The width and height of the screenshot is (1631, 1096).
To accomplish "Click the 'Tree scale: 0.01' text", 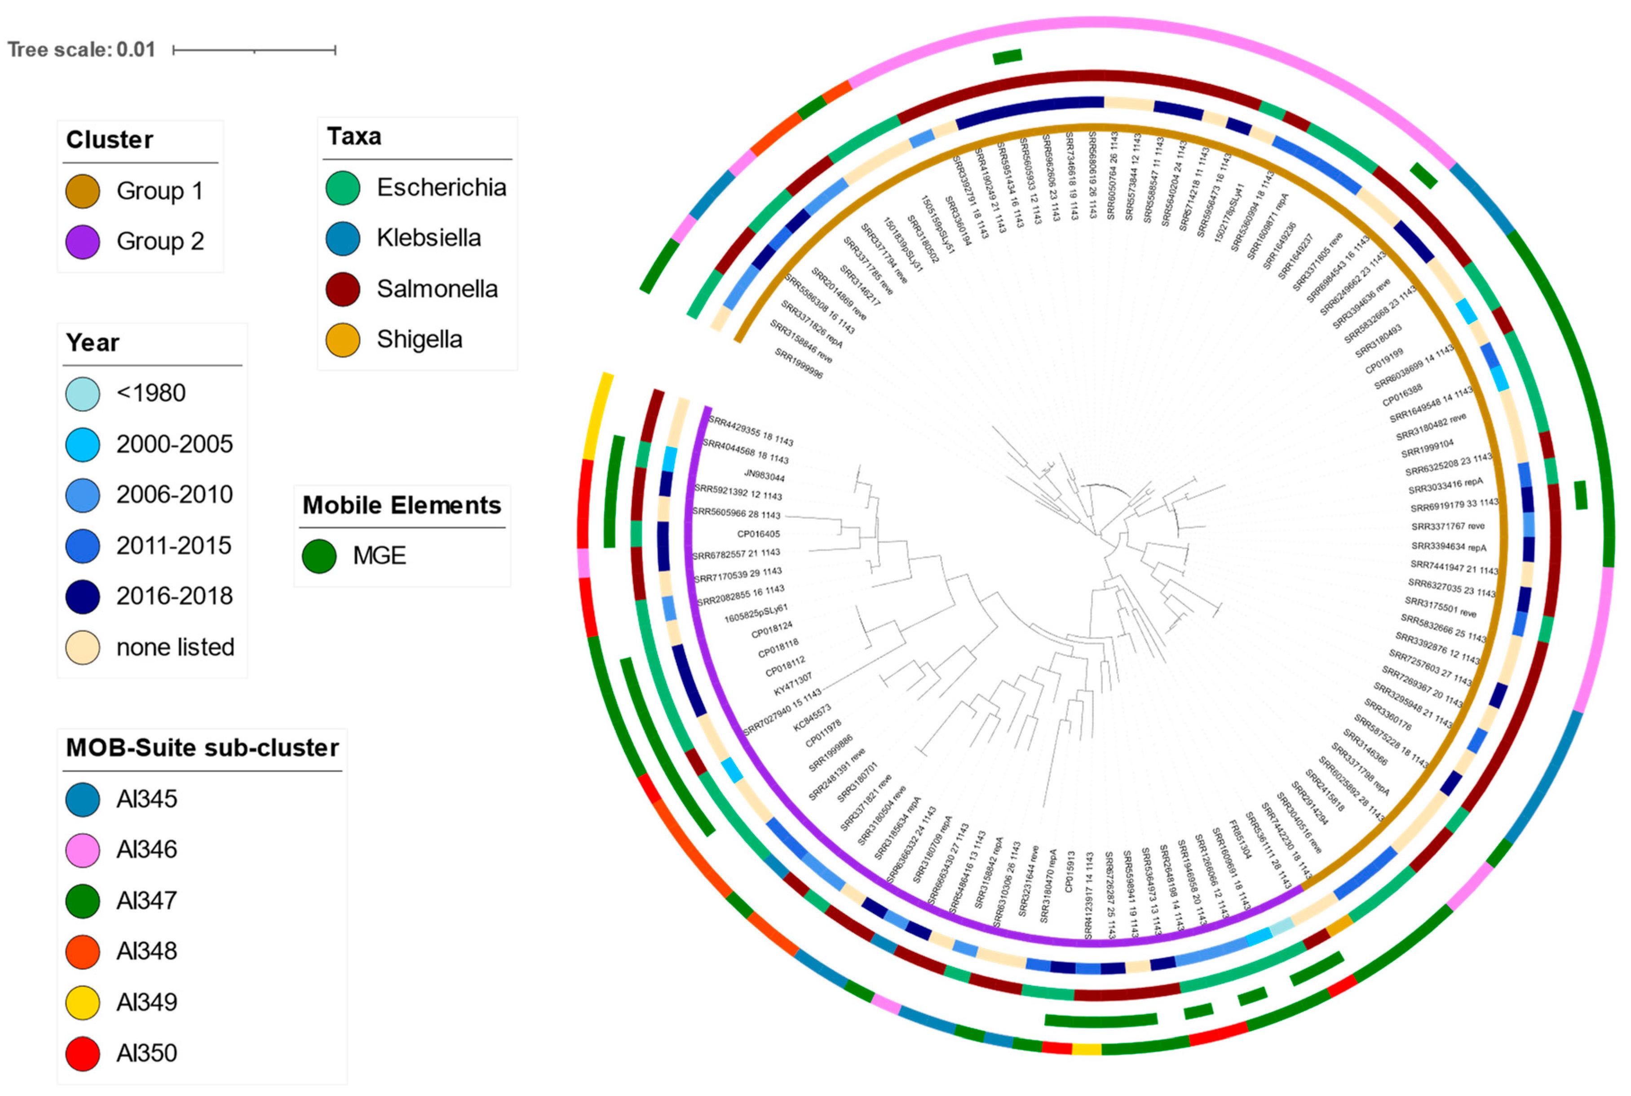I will pyautogui.click(x=81, y=49).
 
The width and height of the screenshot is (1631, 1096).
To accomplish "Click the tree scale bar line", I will pyautogui.click(x=254, y=49).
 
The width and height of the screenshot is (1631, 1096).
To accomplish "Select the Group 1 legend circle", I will pyautogui.click(x=83, y=191).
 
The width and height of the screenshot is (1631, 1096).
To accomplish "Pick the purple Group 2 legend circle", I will pyautogui.click(x=83, y=242).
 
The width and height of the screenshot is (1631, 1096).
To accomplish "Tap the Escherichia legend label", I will pyautogui.click(x=441, y=187).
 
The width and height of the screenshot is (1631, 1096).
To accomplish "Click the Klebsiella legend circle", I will pyautogui.click(x=342, y=239).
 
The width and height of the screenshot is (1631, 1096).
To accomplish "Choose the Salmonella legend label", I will pyautogui.click(x=437, y=289).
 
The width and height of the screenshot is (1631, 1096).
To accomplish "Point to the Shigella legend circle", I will pyautogui.click(x=342, y=340).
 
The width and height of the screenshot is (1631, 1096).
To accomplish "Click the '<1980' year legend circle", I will pyautogui.click(x=83, y=393).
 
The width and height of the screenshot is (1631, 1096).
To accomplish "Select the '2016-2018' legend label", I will pyautogui.click(x=174, y=596).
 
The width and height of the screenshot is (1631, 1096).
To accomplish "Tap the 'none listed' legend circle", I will pyautogui.click(x=83, y=647).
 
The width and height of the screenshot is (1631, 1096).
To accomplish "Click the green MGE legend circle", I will pyautogui.click(x=319, y=557).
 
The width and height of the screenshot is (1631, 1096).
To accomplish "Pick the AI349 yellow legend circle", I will pyautogui.click(x=83, y=1002).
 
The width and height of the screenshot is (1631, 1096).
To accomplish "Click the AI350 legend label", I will pyautogui.click(x=147, y=1053).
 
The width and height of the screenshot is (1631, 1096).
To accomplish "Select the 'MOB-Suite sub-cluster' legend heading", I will pyautogui.click(x=202, y=748).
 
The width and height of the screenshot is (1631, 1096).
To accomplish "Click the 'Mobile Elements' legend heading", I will pyautogui.click(x=402, y=505).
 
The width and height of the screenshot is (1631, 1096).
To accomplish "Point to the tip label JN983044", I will pyautogui.click(x=764, y=475).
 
